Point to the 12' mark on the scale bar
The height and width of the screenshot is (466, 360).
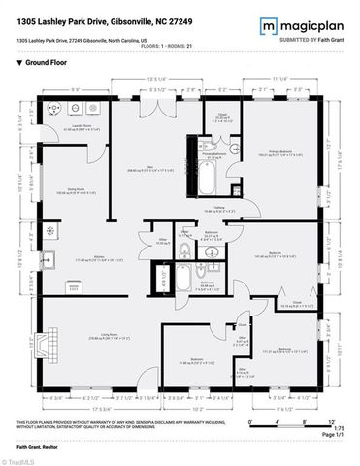point(331,421)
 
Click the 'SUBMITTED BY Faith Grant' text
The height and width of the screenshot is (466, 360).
point(308,38)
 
